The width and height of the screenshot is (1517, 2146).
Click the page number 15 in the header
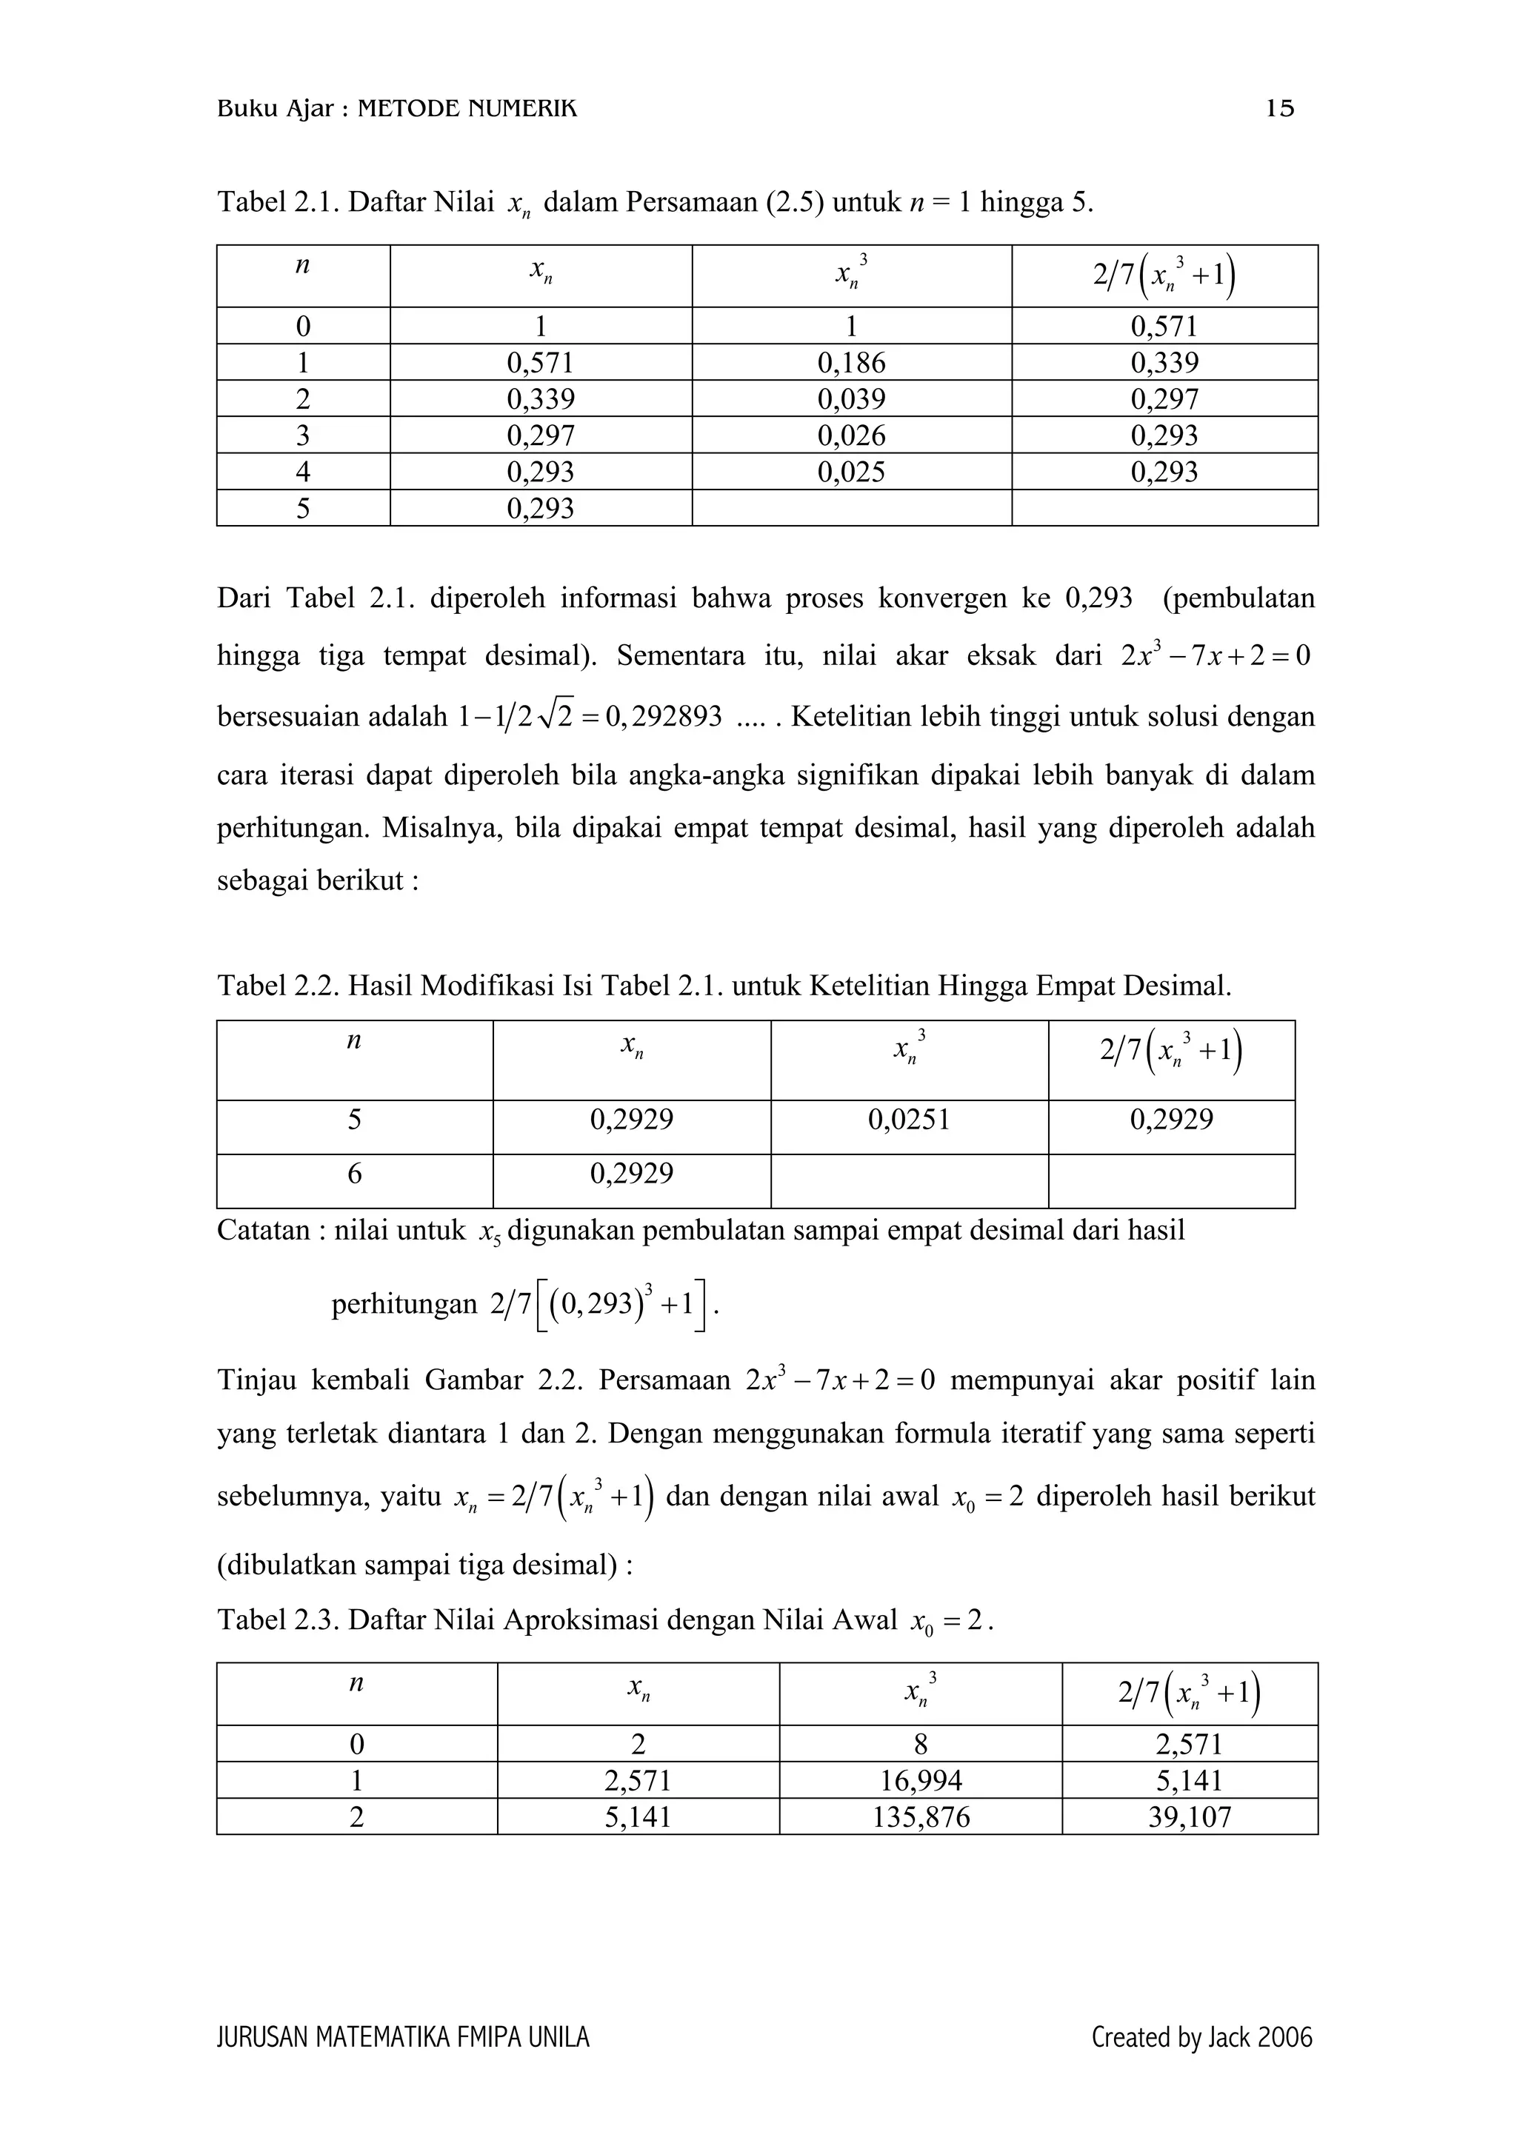pos(1278,110)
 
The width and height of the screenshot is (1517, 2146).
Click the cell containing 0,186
pos(850,363)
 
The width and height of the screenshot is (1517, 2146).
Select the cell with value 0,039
pos(850,399)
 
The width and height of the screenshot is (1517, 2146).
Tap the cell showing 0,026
pos(850,435)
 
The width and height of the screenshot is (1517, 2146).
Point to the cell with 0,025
pos(850,472)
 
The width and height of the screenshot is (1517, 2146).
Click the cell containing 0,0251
pos(909,1119)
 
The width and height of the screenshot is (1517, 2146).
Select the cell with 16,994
pos(920,1780)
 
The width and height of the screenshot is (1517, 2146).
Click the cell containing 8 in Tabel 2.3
pos(920,1744)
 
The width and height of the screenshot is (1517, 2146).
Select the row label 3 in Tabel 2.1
pos(303,435)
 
